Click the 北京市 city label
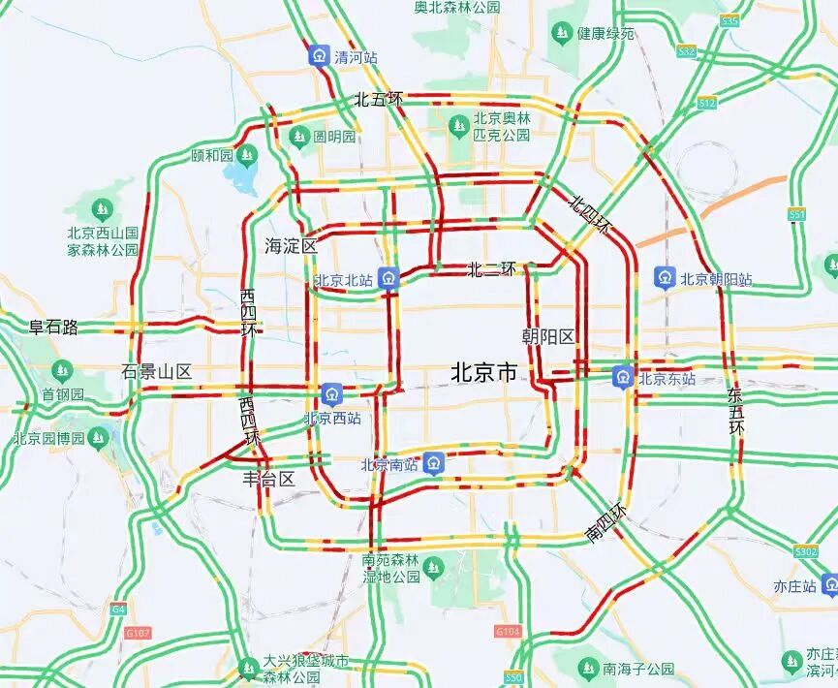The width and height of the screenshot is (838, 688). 484,372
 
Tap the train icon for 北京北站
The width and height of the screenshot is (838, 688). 388,278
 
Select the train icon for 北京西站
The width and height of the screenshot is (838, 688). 332,393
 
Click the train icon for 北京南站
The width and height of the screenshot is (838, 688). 433,462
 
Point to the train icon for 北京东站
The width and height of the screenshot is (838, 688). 623,377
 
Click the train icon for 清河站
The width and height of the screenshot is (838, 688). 319,55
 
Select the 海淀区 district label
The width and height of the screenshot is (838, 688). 291,246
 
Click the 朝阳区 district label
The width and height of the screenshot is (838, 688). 548,336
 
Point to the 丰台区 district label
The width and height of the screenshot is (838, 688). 268,479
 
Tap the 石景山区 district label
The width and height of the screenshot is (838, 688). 157,371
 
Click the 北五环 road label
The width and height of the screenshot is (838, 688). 377,99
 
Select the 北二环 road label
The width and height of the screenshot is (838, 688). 492,269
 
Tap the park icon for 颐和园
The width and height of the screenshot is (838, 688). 247,154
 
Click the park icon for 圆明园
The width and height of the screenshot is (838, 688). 298,136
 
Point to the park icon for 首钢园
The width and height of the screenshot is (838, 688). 63,371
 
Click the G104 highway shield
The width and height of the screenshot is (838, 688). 508,631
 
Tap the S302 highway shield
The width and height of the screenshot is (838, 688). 806,551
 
